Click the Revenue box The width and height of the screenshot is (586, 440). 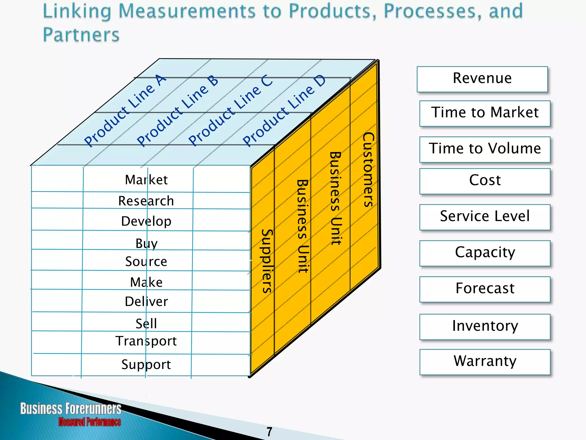pos(482,79)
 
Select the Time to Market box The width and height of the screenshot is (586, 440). pos(485,113)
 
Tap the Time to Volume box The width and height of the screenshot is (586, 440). pos(485,149)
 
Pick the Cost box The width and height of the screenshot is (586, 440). pos(485,181)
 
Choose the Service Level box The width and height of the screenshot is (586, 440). pos(485,217)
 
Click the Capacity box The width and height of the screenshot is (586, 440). pos(485,253)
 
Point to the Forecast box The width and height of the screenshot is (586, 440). pos(485,289)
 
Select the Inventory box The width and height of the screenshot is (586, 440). pos(485,327)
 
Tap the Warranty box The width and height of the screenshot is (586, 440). pos(485,362)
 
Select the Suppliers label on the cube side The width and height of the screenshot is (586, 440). pos(267,261)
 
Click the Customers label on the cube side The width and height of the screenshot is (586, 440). pos(368,170)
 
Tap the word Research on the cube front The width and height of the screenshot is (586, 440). pos(146,201)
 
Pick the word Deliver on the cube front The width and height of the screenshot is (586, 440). pos(146,302)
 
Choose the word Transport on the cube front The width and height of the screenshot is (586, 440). pos(146,341)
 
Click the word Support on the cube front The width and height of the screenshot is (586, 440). pos(146,365)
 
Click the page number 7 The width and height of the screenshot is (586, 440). pos(269,432)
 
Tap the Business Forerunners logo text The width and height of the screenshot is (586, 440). pos(71,409)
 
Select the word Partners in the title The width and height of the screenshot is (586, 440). pos(81,35)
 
